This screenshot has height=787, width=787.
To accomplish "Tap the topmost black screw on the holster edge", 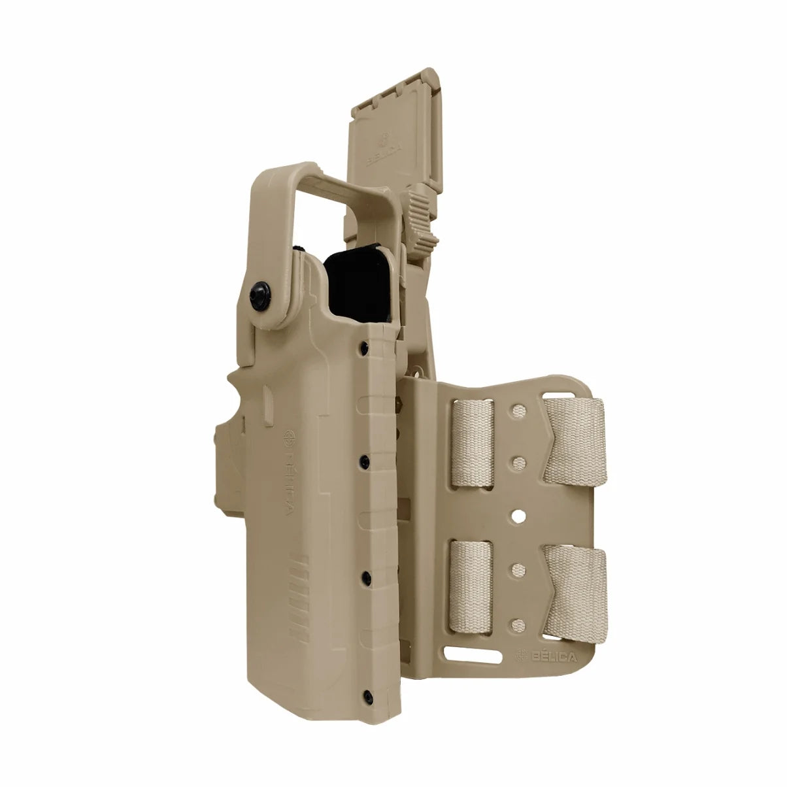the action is coord(365,348).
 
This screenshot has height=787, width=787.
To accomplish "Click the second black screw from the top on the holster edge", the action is coord(365,462).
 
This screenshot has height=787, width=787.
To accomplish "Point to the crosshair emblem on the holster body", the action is coord(289,437).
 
